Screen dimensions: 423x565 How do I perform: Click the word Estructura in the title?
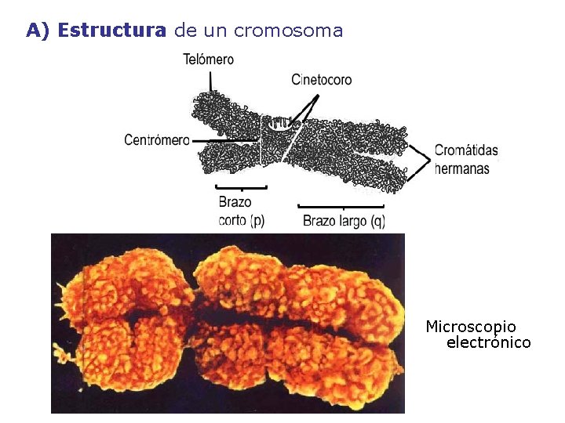pos(112,31)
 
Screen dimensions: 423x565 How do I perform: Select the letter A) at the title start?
pos(38,31)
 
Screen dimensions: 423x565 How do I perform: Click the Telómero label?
pos(209,59)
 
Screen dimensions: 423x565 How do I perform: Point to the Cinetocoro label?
pos(321,79)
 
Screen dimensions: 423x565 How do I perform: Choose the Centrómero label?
pos(157,140)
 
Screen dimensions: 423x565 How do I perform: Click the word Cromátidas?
pos(467,150)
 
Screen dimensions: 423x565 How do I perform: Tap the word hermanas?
pos(462,168)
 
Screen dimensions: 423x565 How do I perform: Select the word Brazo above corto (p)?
pos(235,203)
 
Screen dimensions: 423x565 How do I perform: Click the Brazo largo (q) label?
pos(344,221)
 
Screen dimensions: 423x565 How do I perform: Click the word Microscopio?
pos(471,326)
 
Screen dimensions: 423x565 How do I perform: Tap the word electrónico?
pos(488,342)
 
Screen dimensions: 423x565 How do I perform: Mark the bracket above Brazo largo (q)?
pos(341,207)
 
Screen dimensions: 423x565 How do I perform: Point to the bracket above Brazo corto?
pos(242,187)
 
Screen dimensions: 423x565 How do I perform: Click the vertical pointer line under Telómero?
pos(210,80)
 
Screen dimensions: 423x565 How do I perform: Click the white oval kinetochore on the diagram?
pos(280,123)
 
